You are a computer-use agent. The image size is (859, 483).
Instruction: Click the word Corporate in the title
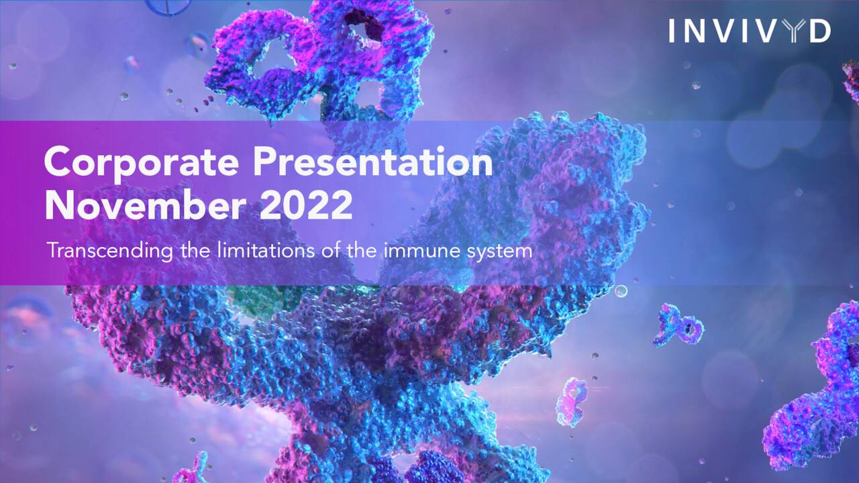click(142, 162)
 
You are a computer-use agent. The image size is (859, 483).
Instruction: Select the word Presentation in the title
click(372, 162)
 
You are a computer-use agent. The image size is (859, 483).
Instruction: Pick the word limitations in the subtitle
click(264, 250)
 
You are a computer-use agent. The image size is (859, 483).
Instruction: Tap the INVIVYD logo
click(750, 31)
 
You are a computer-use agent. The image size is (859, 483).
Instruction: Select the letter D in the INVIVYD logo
click(819, 31)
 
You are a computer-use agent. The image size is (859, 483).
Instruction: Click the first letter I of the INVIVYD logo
click(672, 31)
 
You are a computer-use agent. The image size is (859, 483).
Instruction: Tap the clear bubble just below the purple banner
click(621, 291)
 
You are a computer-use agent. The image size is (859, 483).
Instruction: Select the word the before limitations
click(195, 250)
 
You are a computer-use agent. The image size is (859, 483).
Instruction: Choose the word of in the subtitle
click(330, 250)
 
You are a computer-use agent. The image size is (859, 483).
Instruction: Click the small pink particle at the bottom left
click(195, 468)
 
